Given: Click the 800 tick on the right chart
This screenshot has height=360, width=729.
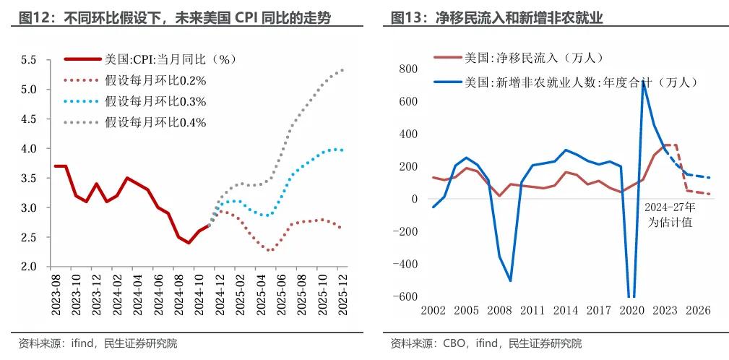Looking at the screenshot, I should (x=409, y=69).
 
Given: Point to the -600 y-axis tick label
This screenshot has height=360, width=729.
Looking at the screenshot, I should (x=406, y=297).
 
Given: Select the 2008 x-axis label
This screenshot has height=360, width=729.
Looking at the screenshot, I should (x=499, y=310).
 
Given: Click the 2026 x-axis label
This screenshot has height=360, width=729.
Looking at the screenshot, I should (x=699, y=310).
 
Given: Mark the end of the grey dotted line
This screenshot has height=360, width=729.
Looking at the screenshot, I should (x=342, y=70).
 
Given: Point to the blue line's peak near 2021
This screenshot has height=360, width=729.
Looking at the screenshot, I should (x=644, y=82).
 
